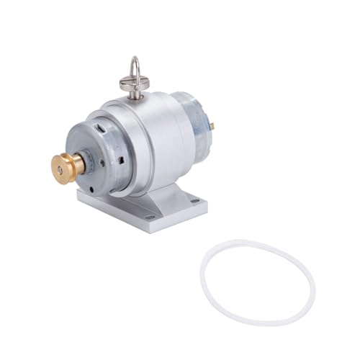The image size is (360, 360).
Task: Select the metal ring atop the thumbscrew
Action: (135, 69)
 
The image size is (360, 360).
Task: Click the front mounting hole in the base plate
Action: (150, 216)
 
